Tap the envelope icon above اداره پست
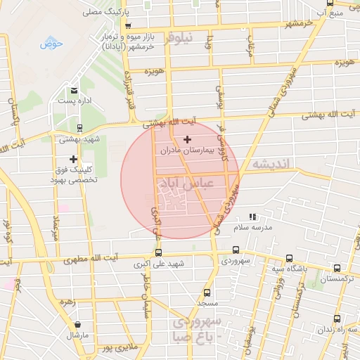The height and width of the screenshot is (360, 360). pos(74,91)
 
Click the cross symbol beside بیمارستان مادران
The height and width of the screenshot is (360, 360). pos(187,140)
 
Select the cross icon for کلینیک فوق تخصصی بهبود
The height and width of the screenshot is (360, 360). pos(73,160)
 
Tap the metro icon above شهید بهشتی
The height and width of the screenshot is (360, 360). pos(79,128)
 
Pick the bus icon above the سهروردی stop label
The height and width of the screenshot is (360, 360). pos(235,250)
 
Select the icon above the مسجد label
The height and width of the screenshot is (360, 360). pos(206,292)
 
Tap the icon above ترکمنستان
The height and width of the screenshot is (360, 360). pos(337,268)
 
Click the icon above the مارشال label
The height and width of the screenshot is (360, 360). pos(77,325)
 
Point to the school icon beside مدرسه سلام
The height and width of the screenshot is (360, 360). pos(252,217)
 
